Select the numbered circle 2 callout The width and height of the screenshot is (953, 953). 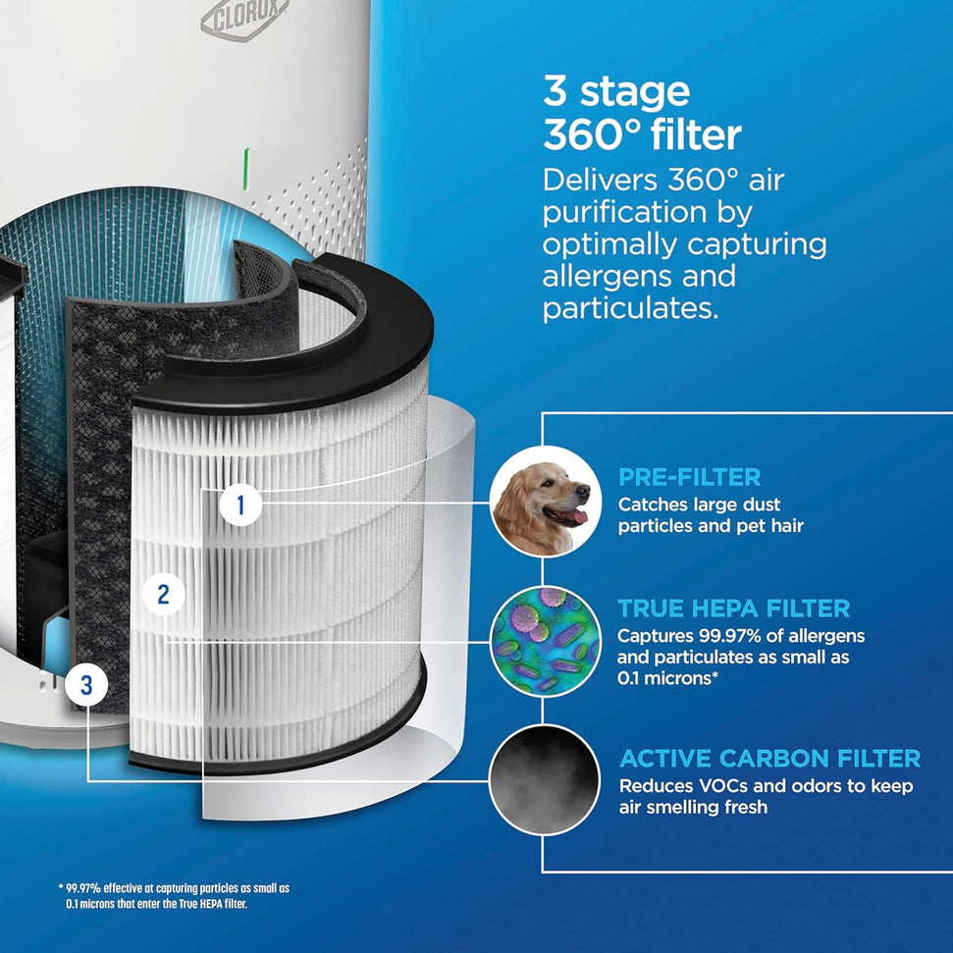point(163,593)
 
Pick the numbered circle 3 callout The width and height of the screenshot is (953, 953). point(86,685)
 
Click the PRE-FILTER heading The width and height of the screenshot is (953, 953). point(689,478)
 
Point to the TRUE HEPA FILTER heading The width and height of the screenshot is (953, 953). point(733,609)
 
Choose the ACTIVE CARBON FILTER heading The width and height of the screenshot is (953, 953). point(769,759)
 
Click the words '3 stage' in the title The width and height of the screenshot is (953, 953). point(616,91)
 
